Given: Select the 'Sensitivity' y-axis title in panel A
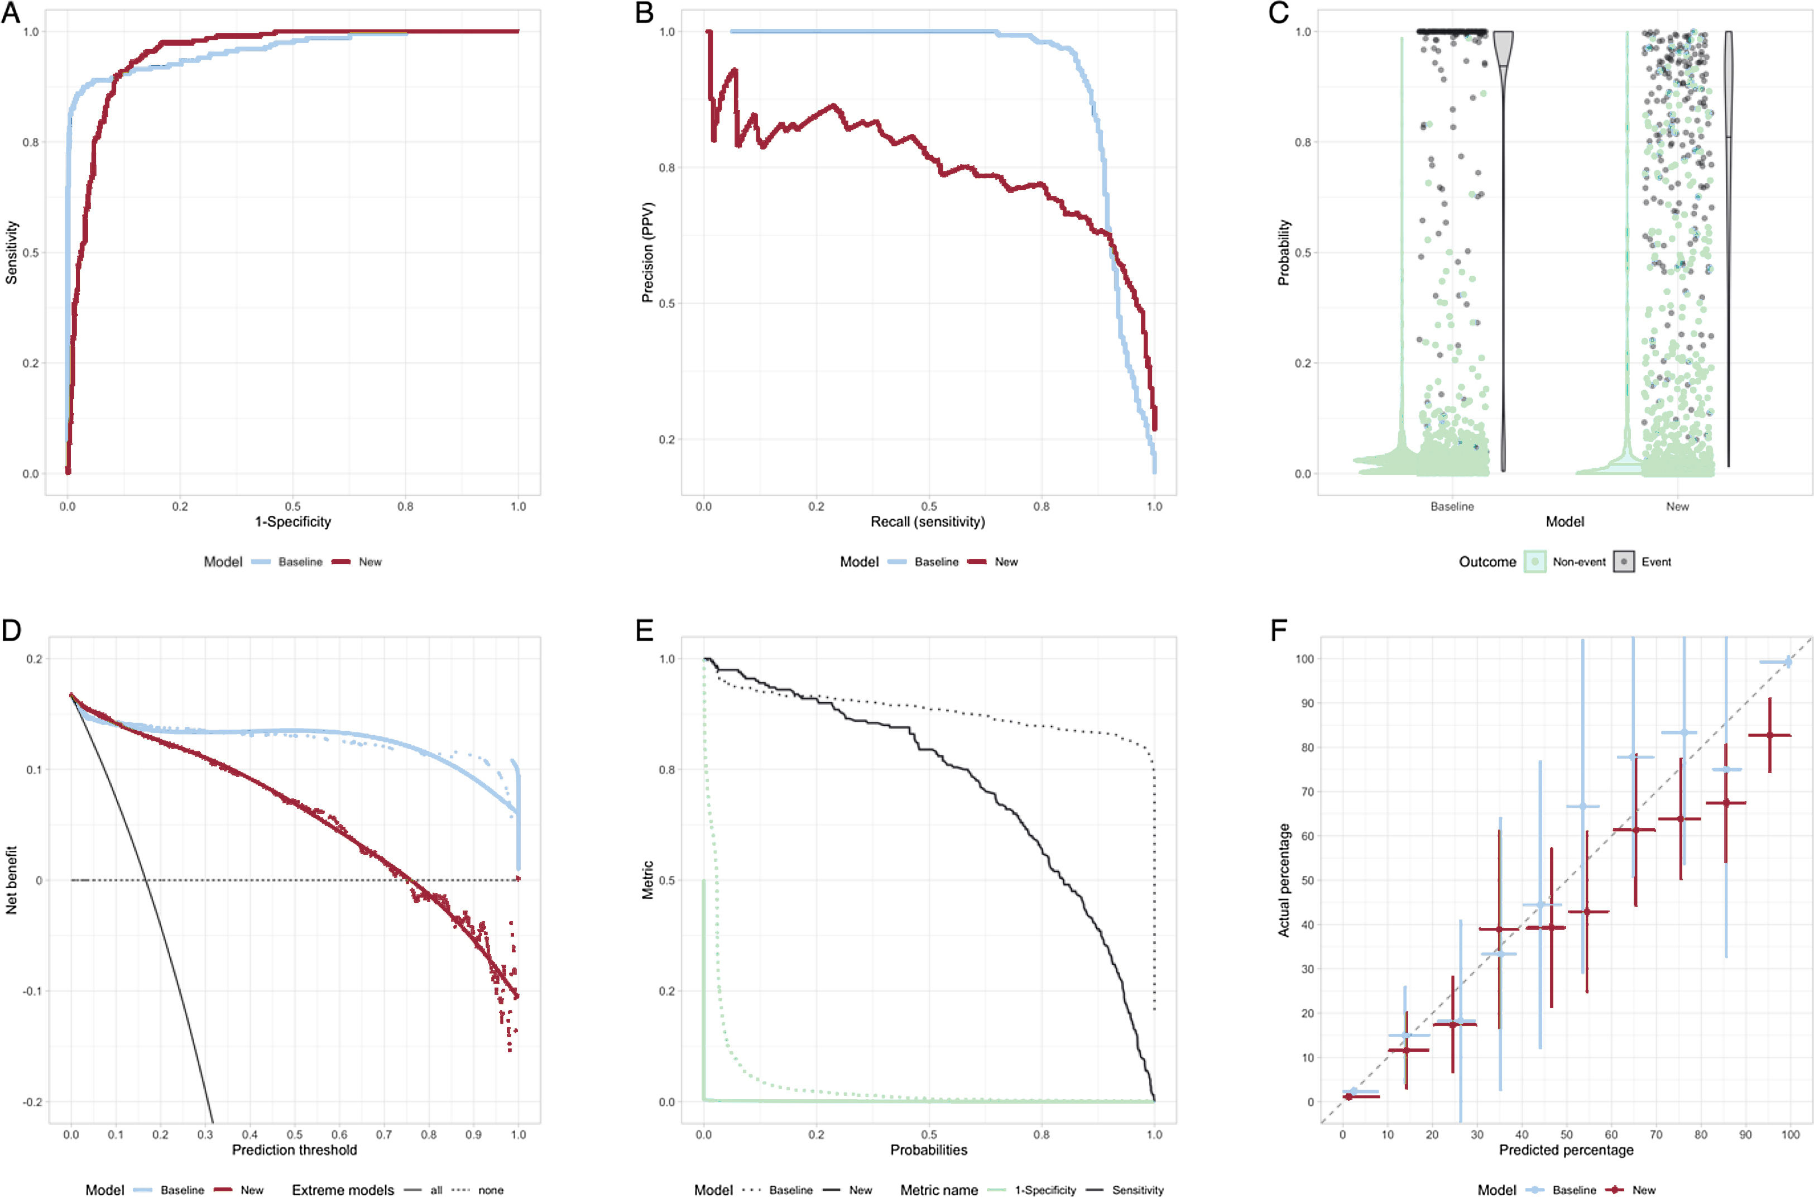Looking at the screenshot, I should pos(12,252).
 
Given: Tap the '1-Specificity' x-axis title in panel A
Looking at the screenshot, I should pos(292,522).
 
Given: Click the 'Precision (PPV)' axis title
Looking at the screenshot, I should pos(647,252).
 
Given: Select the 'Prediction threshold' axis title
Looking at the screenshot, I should pos(294,1150).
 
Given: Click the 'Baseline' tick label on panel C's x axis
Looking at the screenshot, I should pos(1452,506).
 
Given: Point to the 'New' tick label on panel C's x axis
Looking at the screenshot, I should pos(1677,506).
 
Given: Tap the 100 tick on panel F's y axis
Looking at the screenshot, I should pos(1304,659).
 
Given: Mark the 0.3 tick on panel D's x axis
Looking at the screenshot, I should pos(205,1134).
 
